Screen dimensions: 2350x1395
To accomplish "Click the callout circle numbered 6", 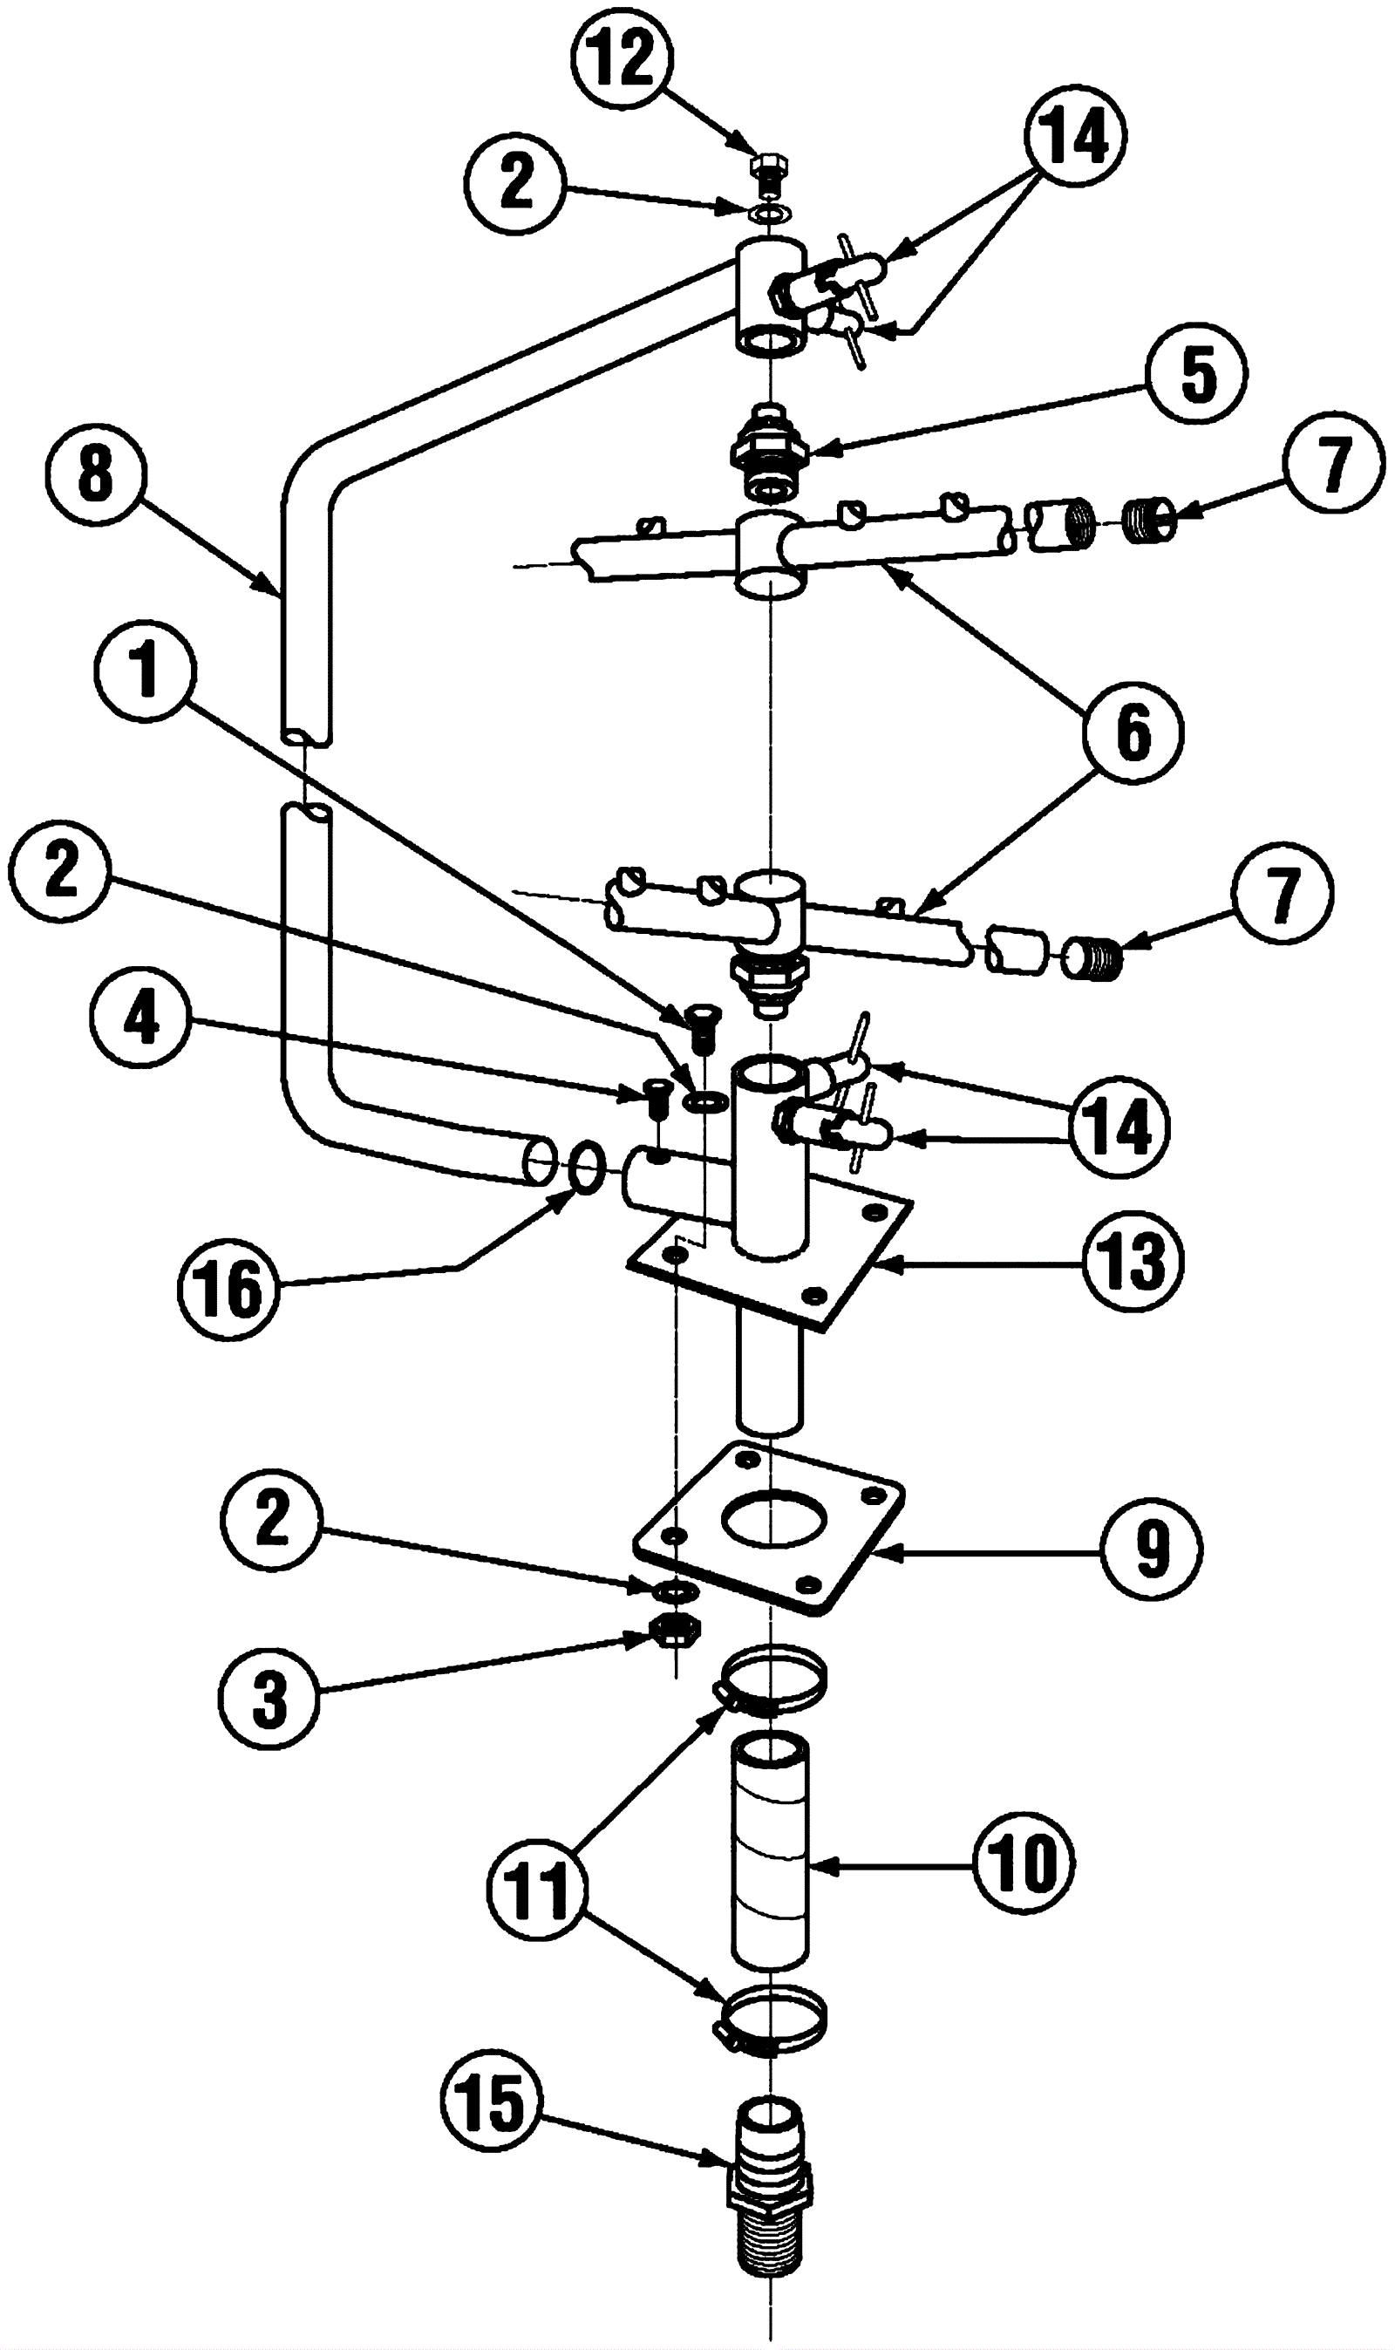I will (x=1133, y=730).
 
